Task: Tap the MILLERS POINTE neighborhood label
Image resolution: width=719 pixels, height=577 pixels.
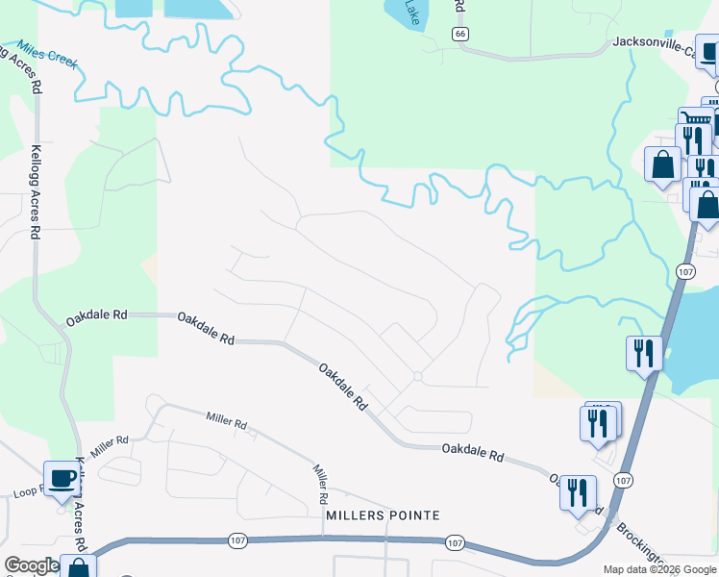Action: [x=383, y=515]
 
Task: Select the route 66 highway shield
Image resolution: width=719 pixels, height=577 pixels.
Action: [x=461, y=35]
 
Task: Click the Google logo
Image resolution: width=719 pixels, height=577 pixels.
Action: [x=31, y=565]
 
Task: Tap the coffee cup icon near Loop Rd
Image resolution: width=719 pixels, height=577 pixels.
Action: [x=62, y=478]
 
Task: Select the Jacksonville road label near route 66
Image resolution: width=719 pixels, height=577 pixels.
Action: [x=663, y=44]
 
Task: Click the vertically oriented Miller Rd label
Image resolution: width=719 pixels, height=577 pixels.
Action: [x=321, y=485]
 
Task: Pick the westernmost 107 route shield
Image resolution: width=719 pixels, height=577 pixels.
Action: [x=237, y=541]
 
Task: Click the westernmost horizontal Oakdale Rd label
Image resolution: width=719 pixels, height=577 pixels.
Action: [x=96, y=315]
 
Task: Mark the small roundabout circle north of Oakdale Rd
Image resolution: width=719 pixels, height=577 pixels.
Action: [x=417, y=376]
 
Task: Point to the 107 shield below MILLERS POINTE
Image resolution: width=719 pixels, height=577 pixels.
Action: [x=456, y=543]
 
